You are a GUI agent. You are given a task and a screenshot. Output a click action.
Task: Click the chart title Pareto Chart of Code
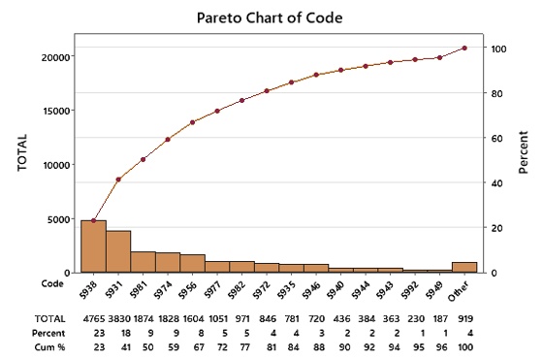[x=270, y=16]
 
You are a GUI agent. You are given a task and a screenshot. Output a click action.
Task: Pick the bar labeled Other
[x=464, y=267]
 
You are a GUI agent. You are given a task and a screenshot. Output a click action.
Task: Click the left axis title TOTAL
[x=20, y=153]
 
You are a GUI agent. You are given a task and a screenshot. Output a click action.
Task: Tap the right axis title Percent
[x=524, y=153]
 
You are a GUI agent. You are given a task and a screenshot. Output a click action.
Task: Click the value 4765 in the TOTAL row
[x=94, y=318]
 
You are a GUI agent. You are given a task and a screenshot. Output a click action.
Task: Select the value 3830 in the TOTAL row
[x=118, y=318]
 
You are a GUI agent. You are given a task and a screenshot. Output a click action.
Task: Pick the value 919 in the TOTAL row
[x=465, y=318]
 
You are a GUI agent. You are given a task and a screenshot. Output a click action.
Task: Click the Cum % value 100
[x=465, y=346]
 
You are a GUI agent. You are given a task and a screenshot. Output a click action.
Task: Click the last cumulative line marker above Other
[x=464, y=48]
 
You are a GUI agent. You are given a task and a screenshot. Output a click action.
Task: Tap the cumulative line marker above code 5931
[x=118, y=180]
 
